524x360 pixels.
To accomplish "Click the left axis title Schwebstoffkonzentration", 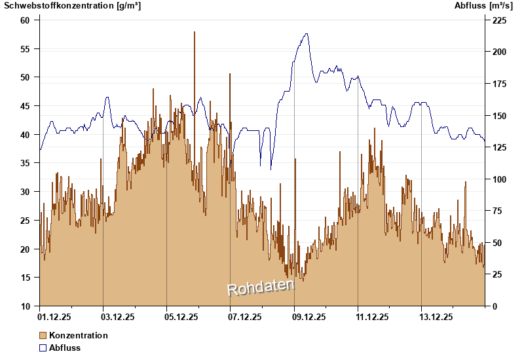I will click(72, 6).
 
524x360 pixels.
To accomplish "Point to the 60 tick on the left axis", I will click(26, 20).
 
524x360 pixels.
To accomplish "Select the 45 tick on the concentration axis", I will click(26, 106).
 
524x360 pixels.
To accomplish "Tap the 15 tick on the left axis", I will click(26, 278).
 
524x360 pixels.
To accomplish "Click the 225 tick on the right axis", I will click(499, 20).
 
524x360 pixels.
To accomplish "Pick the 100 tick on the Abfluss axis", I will click(499, 179).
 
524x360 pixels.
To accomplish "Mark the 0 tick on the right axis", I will click(495, 306).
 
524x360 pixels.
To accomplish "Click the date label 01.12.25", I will click(55, 317).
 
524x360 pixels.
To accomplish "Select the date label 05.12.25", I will click(182, 317).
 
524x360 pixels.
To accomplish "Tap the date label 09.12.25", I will click(309, 317).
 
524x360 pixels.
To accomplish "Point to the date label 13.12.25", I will click(436, 317).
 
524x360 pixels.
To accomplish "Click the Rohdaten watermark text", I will click(261, 287).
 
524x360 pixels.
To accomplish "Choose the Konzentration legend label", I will click(78, 335).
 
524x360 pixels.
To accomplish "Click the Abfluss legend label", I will click(65, 348).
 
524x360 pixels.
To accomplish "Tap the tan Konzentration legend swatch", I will click(43, 335).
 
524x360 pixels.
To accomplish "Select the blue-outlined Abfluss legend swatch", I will click(43, 348).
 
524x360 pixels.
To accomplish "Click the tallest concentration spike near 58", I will click(195, 33).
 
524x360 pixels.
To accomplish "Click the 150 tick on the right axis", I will click(499, 115).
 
